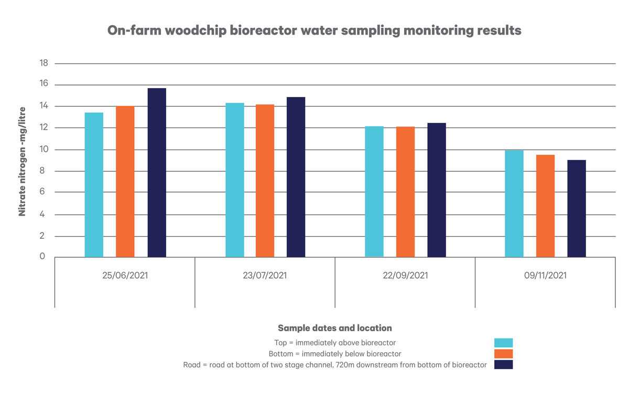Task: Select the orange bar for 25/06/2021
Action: click(125, 181)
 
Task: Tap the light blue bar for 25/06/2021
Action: click(94, 184)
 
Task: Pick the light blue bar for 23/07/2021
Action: click(235, 180)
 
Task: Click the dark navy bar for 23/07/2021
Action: click(296, 177)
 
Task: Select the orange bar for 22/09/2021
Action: click(405, 192)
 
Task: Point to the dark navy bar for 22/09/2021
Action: click(437, 190)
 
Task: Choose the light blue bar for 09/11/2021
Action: click(514, 204)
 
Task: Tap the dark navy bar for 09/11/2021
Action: click(577, 208)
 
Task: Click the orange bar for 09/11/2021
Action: click(545, 206)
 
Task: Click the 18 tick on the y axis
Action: click(44, 63)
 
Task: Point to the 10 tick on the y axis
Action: click(44, 150)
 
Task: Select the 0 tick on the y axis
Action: click(43, 257)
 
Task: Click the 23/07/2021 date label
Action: click(265, 275)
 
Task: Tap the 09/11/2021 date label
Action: click(545, 275)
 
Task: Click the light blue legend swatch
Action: click(503, 343)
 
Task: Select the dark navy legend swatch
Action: click(503, 364)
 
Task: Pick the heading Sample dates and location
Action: click(334, 328)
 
